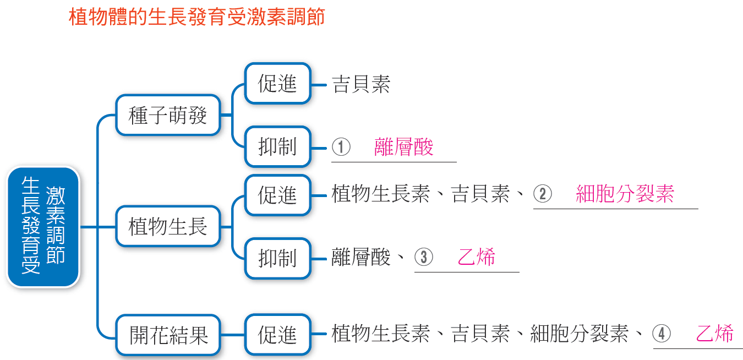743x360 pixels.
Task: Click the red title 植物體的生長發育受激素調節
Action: coord(196,17)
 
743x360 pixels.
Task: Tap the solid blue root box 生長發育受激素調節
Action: coord(43,227)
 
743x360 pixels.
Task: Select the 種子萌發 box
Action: coord(168,115)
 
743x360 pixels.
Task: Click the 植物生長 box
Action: coord(168,227)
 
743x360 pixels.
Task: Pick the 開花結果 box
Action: coord(168,335)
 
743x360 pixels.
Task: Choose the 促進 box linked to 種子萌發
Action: coord(277,84)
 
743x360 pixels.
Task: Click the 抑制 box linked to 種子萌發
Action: coord(277,146)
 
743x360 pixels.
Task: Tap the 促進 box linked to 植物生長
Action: coord(277,195)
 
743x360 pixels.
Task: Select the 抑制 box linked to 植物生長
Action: coord(277,258)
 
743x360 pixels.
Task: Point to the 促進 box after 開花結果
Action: coord(277,335)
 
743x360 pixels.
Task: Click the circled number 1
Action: coord(341,146)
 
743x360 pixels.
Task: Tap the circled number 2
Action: coord(543,194)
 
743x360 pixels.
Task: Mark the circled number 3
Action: coord(424,257)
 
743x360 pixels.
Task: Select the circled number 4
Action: coord(662,334)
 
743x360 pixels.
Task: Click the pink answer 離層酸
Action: coord(403,146)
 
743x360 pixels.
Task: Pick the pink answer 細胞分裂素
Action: coord(625,194)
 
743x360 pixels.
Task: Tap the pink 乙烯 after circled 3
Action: coord(476,257)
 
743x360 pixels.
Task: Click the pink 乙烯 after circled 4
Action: coord(714,334)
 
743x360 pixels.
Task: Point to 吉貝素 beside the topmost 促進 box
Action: coord(361,84)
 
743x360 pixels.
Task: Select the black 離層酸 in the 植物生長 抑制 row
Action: coord(361,257)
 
